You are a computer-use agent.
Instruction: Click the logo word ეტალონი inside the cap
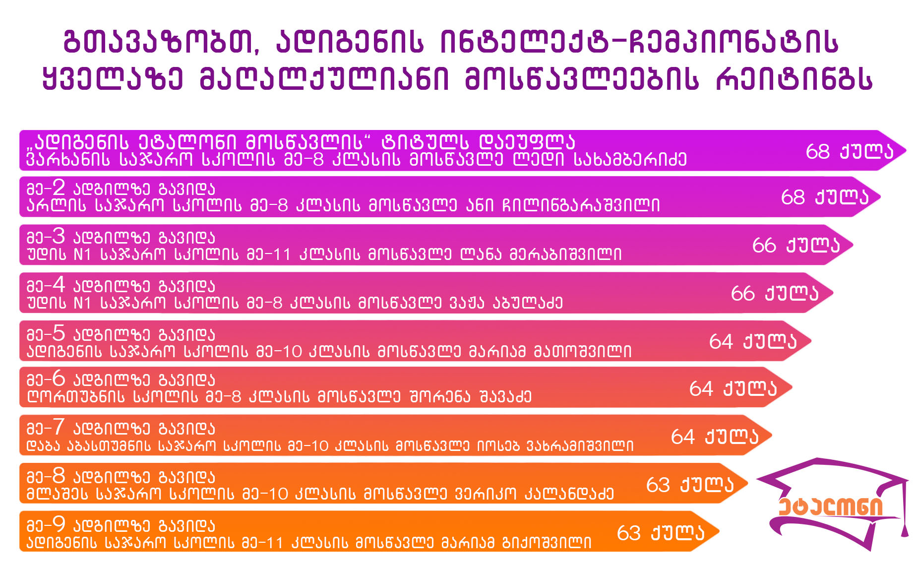click(x=831, y=507)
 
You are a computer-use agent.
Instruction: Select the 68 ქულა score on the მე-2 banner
click(x=825, y=197)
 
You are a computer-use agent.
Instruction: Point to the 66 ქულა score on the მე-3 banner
click(x=796, y=245)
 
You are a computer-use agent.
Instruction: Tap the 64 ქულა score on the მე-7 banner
click(x=715, y=437)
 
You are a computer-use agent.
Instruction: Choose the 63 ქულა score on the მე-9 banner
click(x=661, y=533)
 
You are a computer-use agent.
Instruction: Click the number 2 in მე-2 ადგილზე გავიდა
click(x=59, y=188)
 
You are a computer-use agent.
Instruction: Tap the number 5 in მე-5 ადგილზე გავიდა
click(x=59, y=333)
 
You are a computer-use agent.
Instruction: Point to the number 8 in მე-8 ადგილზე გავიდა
click(x=59, y=476)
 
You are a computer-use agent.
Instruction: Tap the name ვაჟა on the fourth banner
click(x=467, y=302)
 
